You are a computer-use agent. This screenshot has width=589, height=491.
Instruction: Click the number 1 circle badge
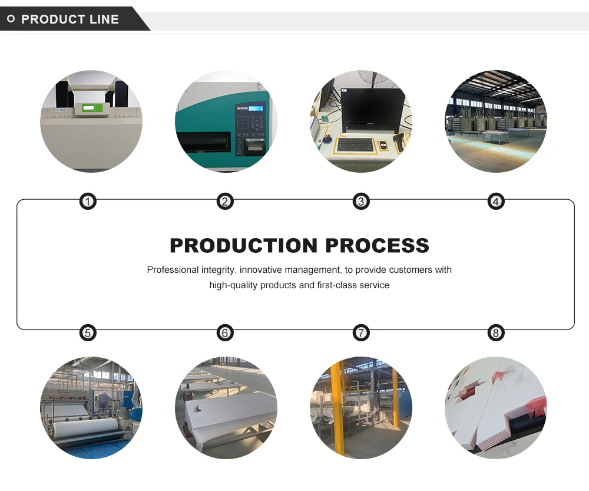point(88,202)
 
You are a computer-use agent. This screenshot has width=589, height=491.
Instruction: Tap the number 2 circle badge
point(224,202)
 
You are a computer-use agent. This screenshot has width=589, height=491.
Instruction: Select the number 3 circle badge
point(361,202)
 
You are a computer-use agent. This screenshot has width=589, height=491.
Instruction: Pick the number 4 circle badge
point(496,202)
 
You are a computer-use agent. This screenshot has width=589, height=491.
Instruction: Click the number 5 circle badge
point(88,333)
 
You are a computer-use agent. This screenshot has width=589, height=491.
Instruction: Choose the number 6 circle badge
point(224,333)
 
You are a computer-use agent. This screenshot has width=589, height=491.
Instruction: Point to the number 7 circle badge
point(361,333)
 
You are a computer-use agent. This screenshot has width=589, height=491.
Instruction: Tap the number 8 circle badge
point(496,333)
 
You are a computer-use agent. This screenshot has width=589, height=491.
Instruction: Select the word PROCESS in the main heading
point(377,245)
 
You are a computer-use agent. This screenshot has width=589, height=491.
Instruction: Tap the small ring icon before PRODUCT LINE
point(11,19)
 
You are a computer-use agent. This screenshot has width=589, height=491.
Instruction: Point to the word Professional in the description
point(172,270)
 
